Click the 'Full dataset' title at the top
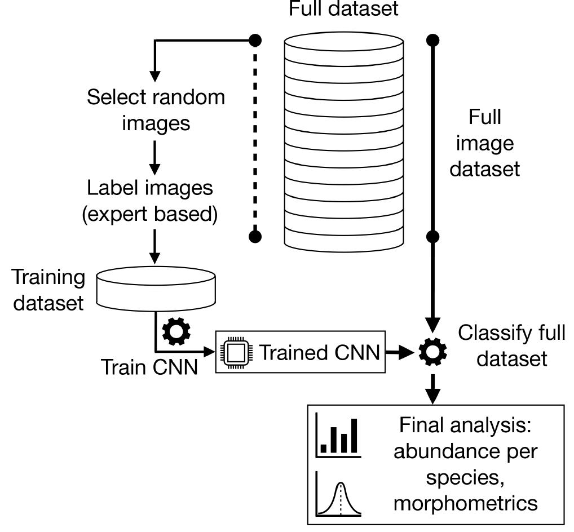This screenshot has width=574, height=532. pyautogui.click(x=343, y=9)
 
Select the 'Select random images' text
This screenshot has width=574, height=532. pyautogui.click(x=156, y=109)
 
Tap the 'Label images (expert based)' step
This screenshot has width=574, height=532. pyautogui.click(x=149, y=201)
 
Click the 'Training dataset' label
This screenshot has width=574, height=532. pyautogui.click(x=48, y=290)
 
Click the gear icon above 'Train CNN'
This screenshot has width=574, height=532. pyautogui.click(x=176, y=333)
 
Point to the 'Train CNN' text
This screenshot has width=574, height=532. pyautogui.click(x=149, y=367)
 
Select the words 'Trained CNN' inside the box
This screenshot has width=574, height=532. pyautogui.click(x=318, y=353)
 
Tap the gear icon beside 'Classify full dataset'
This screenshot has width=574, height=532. pyautogui.click(x=432, y=353)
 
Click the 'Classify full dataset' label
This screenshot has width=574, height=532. pyautogui.click(x=511, y=345)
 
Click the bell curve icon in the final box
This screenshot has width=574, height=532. pyautogui.click(x=339, y=494)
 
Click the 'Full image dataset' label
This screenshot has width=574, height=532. pyautogui.click(x=484, y=143)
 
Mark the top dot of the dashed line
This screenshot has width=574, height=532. pyautogui.click(x=255, y=40)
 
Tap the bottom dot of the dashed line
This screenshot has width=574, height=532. pyautogui.click(x=255, y=237)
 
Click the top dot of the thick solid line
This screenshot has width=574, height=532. pyautogui.click(x=432, y=40)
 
